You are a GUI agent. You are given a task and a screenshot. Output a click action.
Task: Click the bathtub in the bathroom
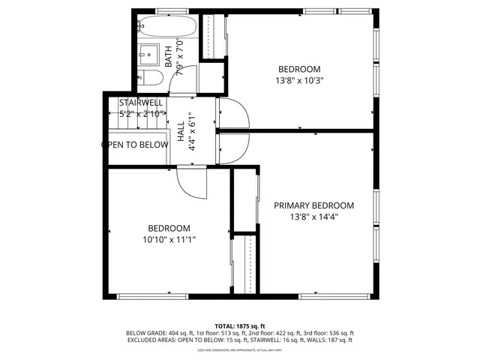168,27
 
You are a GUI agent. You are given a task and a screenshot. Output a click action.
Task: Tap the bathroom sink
148,54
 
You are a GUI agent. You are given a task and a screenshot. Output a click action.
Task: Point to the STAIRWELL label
141,103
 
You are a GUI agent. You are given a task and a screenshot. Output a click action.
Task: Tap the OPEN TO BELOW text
135,145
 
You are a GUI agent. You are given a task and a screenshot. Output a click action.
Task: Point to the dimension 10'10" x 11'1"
168,240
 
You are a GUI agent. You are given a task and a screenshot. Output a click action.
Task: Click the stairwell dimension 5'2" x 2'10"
141,114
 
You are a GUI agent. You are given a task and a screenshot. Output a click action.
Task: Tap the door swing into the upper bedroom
234,112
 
